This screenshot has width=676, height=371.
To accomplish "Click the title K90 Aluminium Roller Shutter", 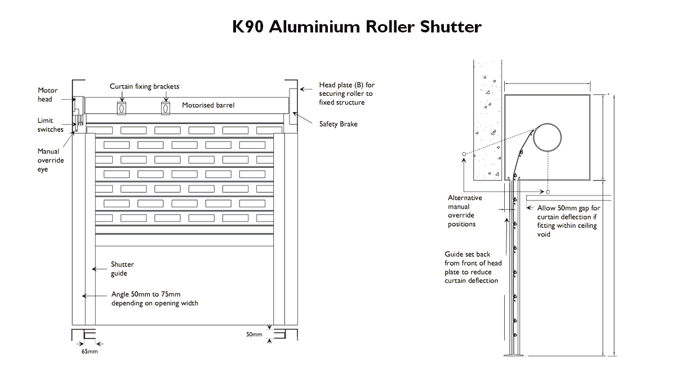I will (x=357, y=26).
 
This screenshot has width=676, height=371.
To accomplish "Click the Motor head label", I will (x=47, y=95).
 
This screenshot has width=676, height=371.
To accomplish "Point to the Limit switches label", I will (x=50, y=125).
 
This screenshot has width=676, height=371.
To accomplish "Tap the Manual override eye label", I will (x=51, y=160).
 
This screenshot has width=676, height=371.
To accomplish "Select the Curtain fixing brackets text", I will (x=144, y=87).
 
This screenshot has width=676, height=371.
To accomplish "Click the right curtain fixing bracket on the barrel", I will (x=166, y=108).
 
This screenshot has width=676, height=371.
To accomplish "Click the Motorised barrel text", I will (x=208, y=105).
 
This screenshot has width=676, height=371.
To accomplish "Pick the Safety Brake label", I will (x=338, y=124).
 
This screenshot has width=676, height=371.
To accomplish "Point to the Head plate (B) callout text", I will (x=346, y=94).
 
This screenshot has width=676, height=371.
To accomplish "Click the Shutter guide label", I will (x=122, y=269).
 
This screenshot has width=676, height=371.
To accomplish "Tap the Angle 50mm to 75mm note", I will (x=154, y=298).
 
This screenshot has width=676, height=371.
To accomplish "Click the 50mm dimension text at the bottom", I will (x=254, y=334).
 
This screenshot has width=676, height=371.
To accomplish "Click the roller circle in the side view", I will (x=548, y=138).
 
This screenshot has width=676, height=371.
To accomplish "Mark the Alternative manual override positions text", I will (x=465, y=211).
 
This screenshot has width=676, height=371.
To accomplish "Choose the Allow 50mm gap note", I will (x=568, y=221).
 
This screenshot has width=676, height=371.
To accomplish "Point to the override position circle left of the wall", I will (x=463, y=154).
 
